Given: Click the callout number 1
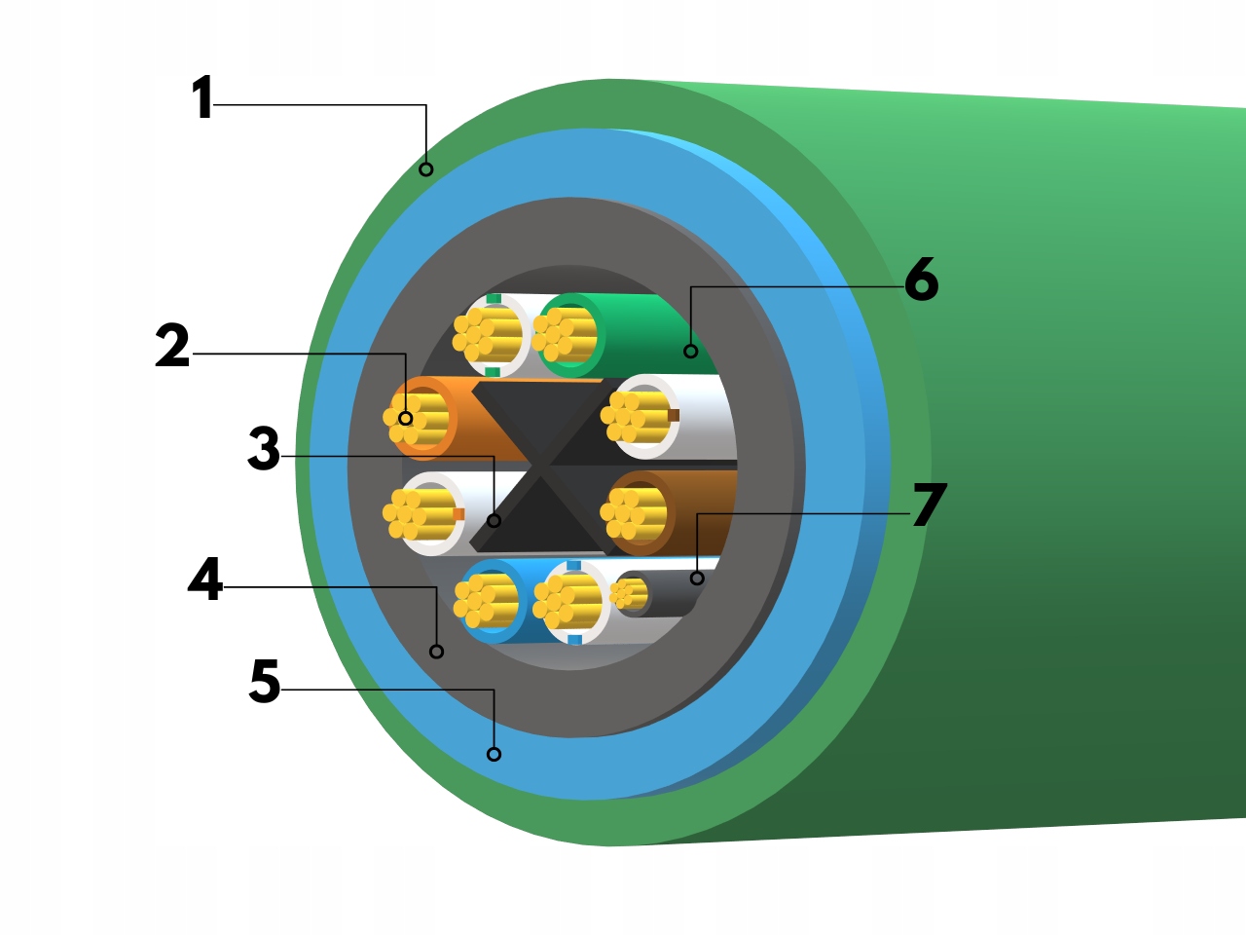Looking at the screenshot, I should click(x=202, y=98).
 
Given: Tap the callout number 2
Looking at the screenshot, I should click(x=172, y=347).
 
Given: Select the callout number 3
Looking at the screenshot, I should click(x=264, y=449).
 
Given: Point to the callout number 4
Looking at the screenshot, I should click(x=205, y=580).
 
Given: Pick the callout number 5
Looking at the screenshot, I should click(x=265, y=682).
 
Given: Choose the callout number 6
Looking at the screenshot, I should click(x=921, y=280).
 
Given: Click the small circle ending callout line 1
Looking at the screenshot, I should click(x=425, y=169).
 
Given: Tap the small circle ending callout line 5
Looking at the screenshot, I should click(x=494, y=754).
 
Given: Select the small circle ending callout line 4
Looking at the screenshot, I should click(x=436, y=651).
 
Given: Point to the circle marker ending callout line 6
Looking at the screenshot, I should click(x=690, y=351).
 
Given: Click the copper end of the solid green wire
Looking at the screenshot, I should click(x=565, y=334).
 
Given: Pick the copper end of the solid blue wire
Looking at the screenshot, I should click(x=485, y=599).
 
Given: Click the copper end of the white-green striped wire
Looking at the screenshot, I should click(x=486, y=335).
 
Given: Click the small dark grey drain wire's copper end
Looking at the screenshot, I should click(x=631, y=593).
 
